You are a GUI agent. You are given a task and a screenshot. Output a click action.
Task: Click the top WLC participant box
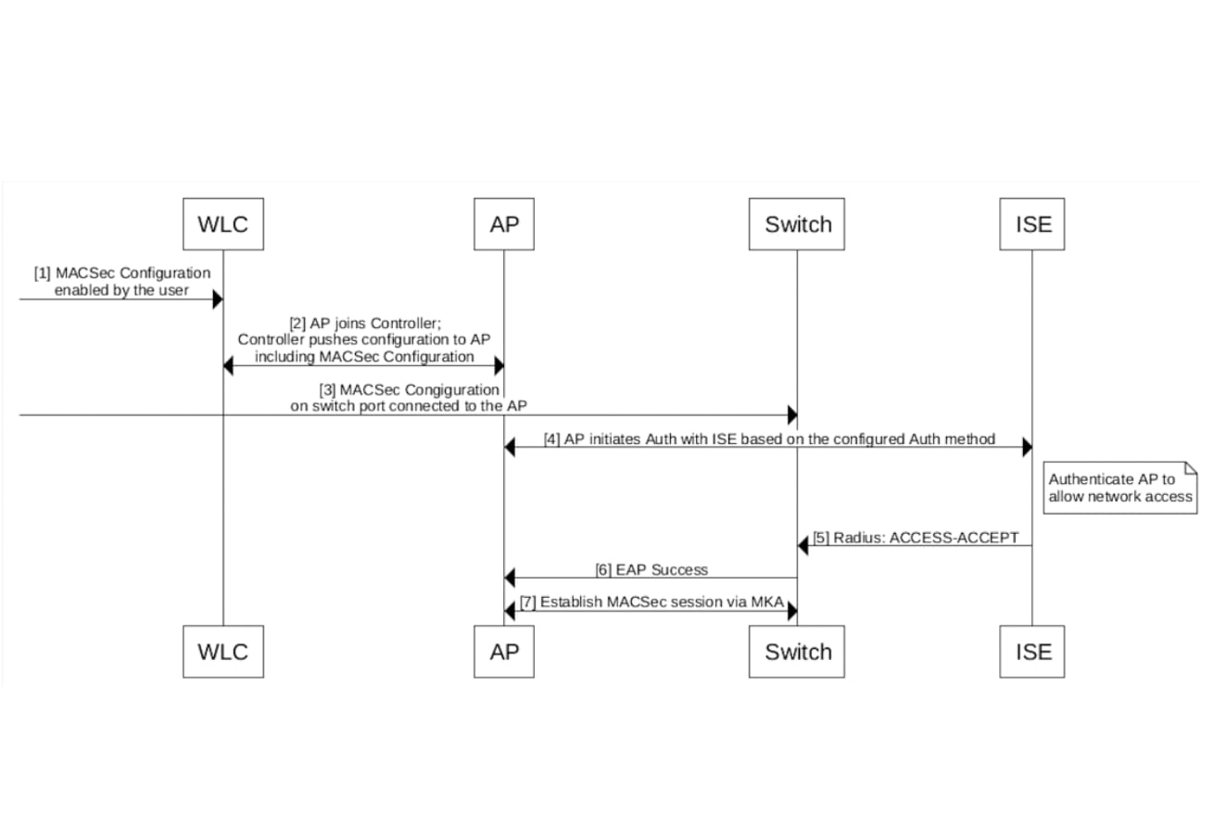(222, 224)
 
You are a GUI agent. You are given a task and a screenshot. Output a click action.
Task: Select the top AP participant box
(503, 224)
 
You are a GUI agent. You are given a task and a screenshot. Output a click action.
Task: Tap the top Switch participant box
(797, 224)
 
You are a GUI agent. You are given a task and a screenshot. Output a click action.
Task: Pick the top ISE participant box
(1032, 224)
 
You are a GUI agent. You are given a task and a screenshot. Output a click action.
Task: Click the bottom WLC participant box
(222, 652)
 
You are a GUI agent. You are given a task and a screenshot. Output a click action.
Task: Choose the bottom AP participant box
(503, 652)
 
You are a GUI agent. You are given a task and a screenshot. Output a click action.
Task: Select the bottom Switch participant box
(797, 652)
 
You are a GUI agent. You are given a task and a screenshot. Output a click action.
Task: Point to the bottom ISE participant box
(1032, 652)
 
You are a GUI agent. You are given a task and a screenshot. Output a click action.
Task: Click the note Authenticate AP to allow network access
(1119, 489)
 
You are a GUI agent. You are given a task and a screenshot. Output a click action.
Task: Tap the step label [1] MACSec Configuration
(122, 273)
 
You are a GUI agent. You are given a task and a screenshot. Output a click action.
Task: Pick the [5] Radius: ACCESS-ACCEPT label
(916, 538)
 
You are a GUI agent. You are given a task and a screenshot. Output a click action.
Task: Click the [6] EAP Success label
(651, 569)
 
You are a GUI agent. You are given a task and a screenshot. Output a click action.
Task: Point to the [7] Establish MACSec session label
(651, 602)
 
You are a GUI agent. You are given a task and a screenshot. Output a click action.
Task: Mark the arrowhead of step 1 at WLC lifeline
(217, 299)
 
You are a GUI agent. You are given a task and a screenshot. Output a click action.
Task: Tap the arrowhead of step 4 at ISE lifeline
(1027, 448)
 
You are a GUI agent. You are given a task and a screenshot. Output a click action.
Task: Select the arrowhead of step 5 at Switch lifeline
(803, 546)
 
